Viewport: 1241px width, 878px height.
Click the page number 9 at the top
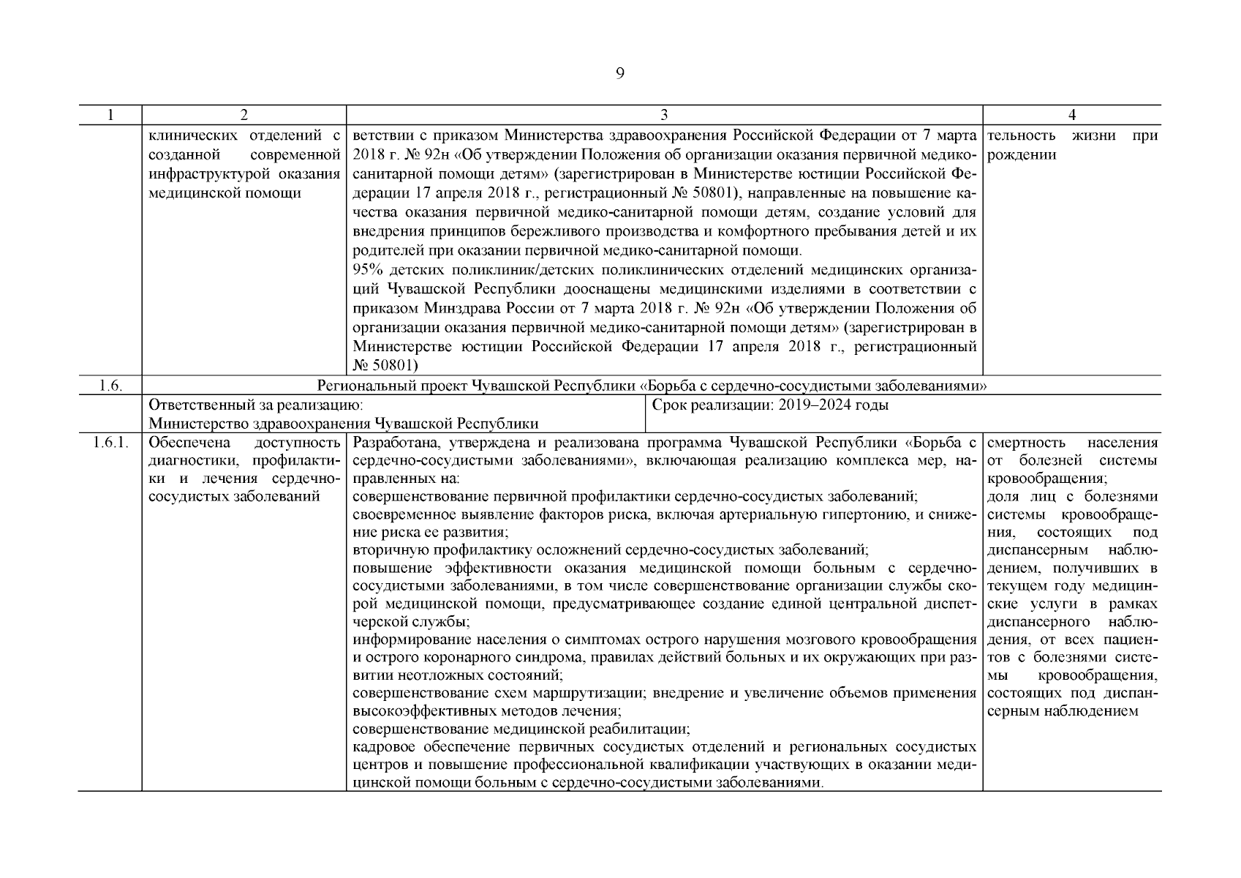pos(619,73)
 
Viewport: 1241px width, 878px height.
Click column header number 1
pos(110,116)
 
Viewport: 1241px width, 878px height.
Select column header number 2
pos(244,116)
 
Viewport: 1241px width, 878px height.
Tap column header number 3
pos(664,116)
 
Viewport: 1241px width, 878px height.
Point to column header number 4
pos(1071,116)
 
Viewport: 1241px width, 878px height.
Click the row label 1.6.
pos(110,386)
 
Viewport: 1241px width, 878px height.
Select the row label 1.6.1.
pos(110,443)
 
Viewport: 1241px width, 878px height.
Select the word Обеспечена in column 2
pos(189,443)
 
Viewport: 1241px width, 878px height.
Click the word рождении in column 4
pos(1022,155)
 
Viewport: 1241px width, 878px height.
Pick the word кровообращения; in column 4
pos(1046,480)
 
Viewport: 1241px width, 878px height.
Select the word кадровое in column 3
pos(377,747)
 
